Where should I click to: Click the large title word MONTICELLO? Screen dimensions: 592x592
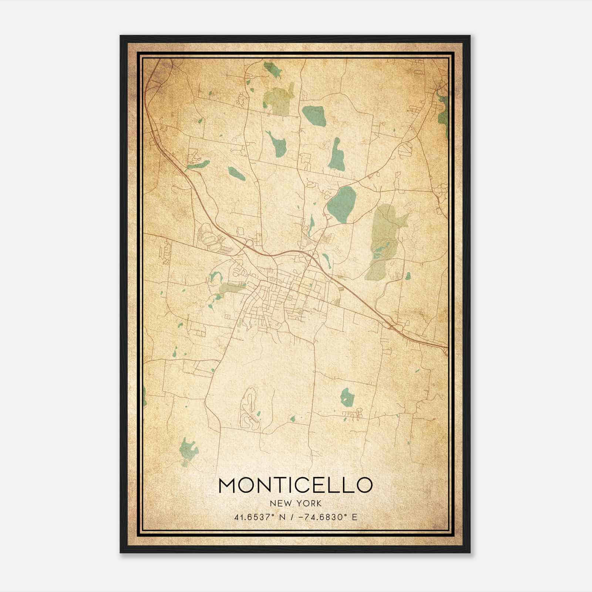pyautogui.click(x=295, y=485)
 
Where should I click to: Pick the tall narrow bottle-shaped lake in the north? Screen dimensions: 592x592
pyautogui.click(x=337, y=155)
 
